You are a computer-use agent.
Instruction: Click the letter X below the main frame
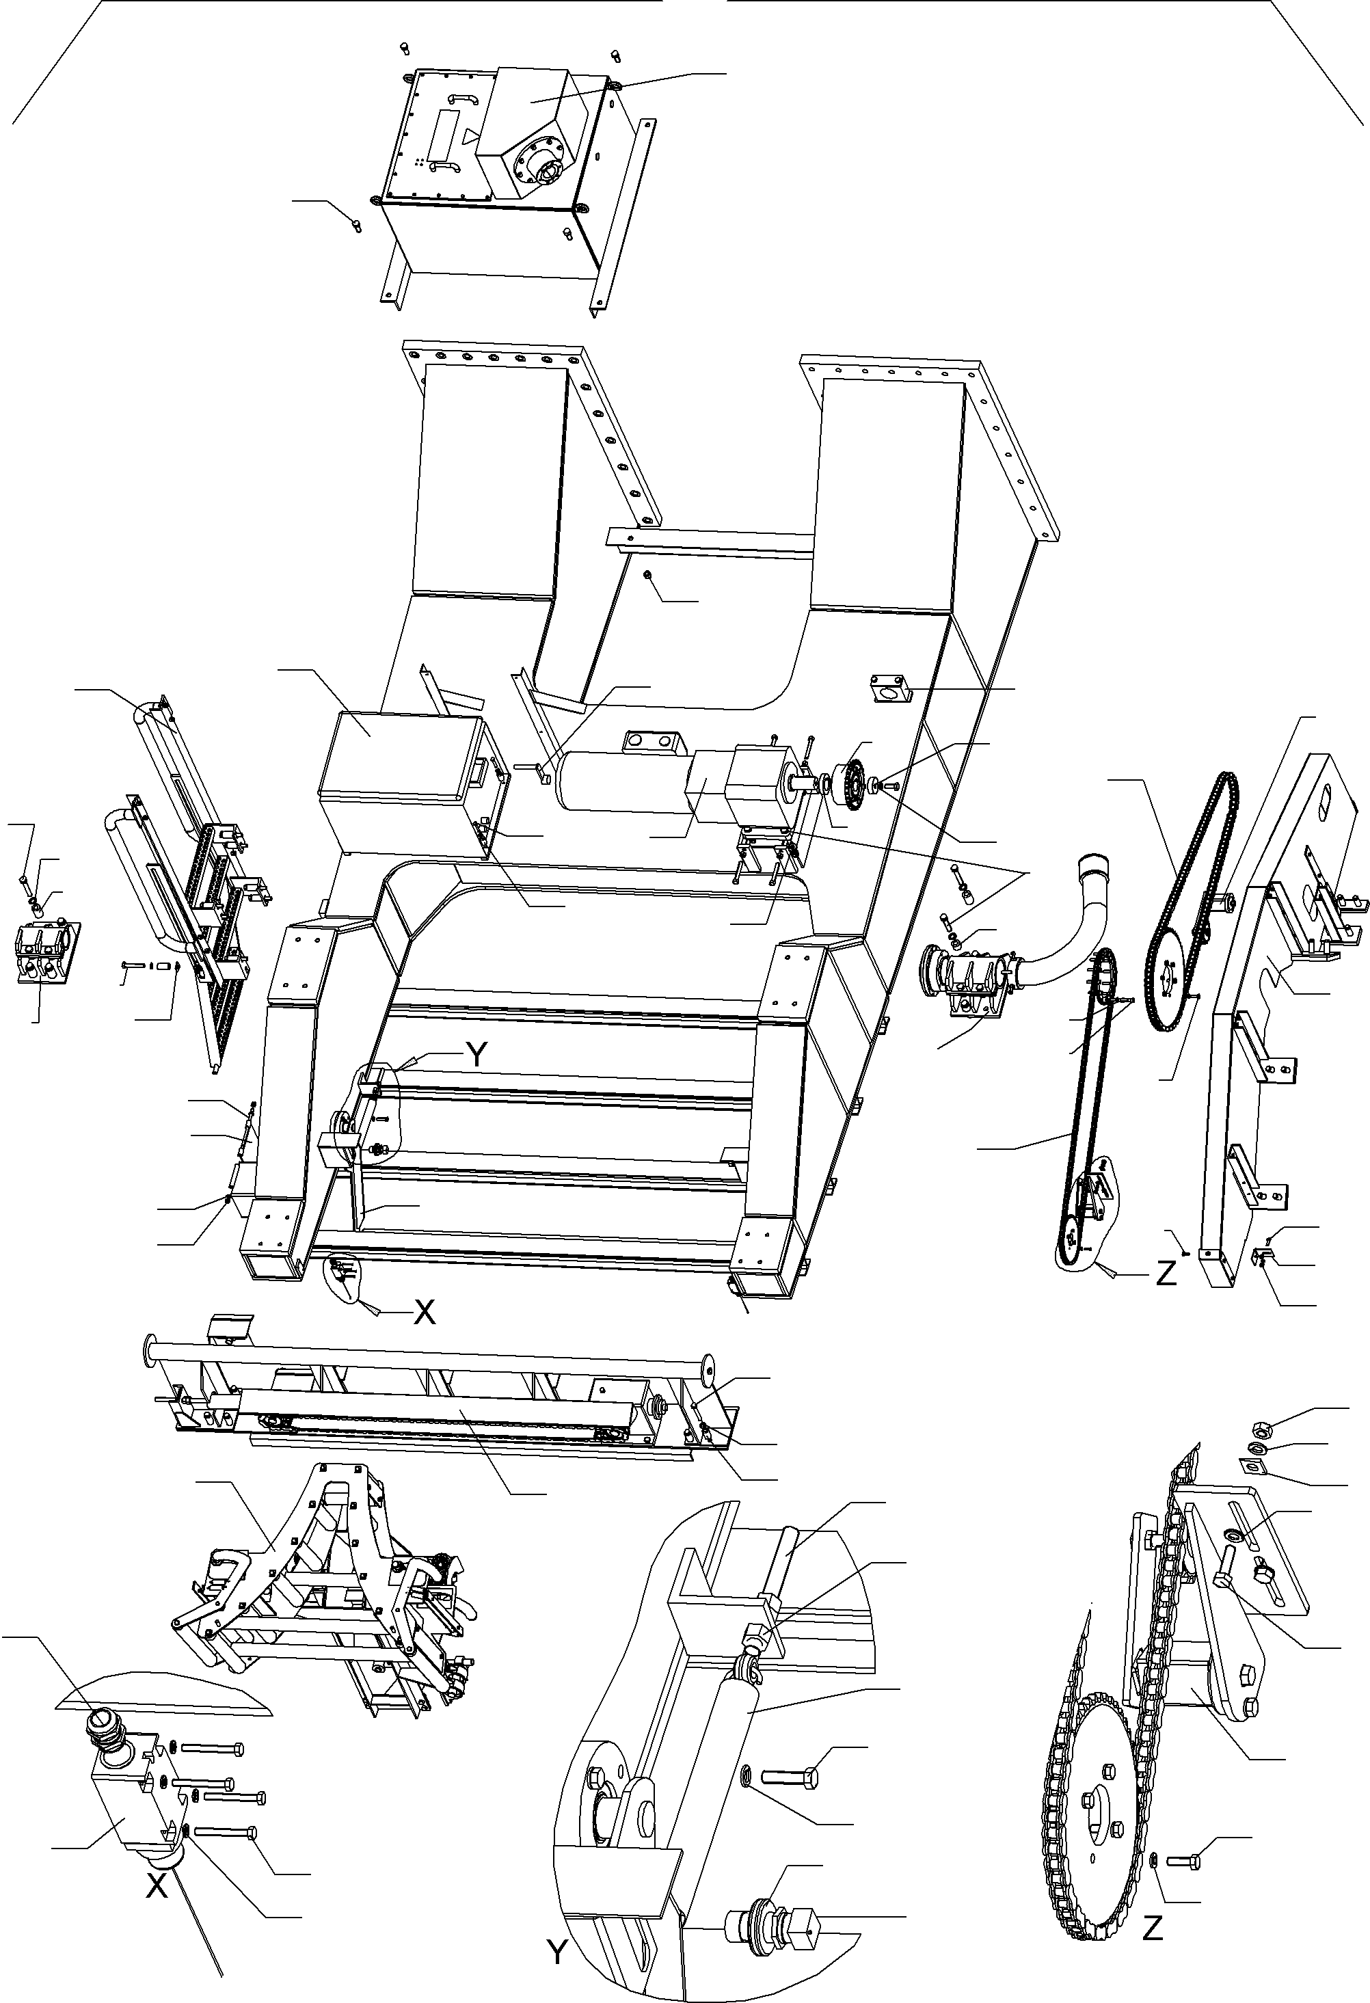(x=424, y=1311)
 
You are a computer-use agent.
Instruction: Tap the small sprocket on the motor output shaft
(x=853, y=784)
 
